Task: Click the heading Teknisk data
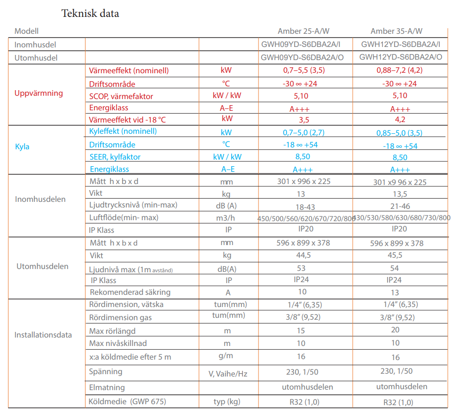click(x=90, y=13)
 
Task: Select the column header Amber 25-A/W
click(x=304, y=31)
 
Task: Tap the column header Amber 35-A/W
click(x=397, y=31)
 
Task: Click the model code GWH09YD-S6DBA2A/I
click(x=301, y=44)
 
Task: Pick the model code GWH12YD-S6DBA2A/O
click(x=401, y=57)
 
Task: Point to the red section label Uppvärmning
click(x=39, y=93)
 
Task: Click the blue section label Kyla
click(x=22, y=146)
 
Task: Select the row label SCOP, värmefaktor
click(x=121, y=96)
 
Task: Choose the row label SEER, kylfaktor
click(x=115, y=157)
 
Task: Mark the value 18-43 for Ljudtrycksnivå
click(x=305, y=207)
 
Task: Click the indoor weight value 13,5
click(x=400, y=194)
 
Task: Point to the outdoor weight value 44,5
click(x=304, y=255)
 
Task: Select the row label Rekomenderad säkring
click(x=130, y=292)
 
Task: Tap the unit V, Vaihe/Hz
click(x=228, y=374)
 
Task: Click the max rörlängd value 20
click(x=395, y=330)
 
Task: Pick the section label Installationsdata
click(x=43, y=335)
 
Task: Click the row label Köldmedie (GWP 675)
click(x=127, y=401)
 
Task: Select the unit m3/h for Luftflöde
click(x=226, y=218)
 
